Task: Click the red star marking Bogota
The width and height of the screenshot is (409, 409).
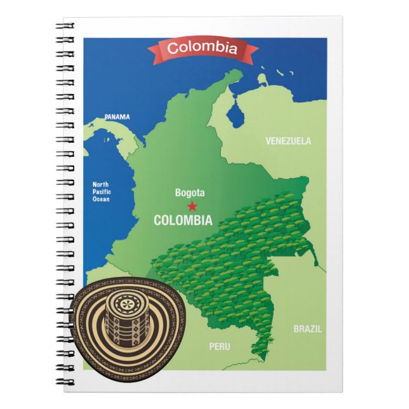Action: (192, 206)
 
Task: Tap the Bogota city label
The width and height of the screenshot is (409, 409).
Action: (190, 192)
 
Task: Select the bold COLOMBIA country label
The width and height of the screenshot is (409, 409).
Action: (183, 220)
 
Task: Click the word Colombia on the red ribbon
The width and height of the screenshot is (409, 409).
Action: (203, 48)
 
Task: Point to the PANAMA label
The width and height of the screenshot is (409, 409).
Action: (117, 117)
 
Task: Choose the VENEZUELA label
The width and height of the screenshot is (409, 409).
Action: (288, 140)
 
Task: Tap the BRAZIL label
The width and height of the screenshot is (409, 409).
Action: (307, 329)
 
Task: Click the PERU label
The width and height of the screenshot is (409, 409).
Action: (220, 347)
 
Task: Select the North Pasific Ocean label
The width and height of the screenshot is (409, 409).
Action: (100, 191)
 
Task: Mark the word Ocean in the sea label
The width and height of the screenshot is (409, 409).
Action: (100, 199)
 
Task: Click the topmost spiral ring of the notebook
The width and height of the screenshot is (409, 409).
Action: (65, 27)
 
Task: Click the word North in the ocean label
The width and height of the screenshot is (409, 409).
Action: (100, 184)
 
